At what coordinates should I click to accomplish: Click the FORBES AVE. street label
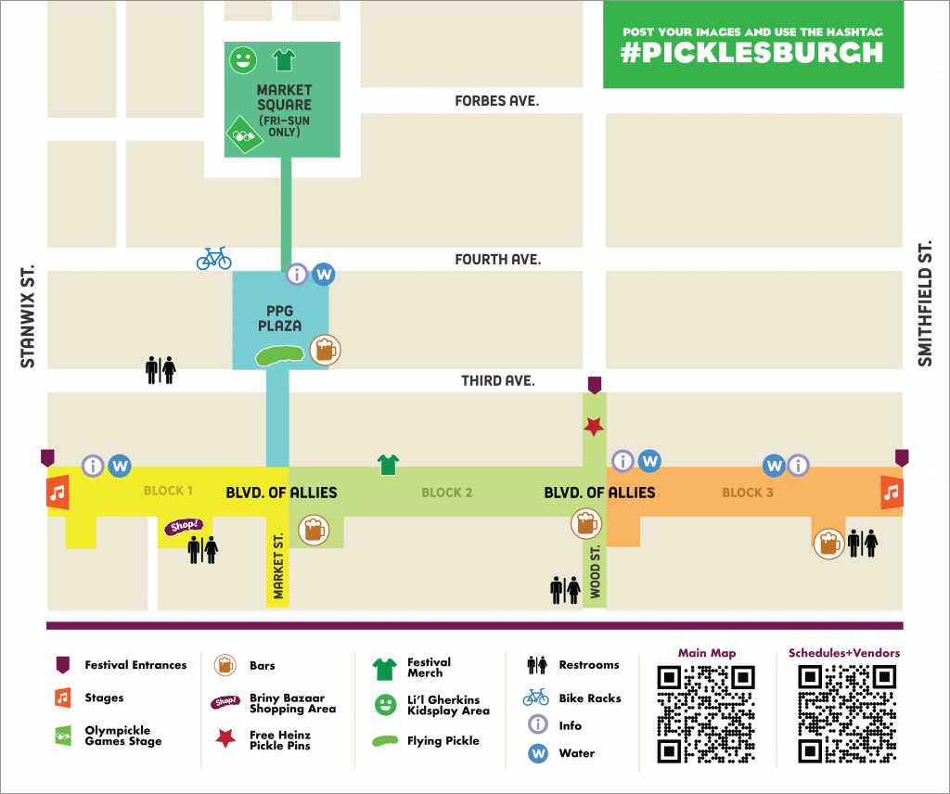pos(496,100)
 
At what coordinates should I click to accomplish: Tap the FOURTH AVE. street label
pos(497,260)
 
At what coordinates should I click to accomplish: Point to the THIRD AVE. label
pos(497,380)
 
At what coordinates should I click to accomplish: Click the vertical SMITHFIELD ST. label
pos(924,304)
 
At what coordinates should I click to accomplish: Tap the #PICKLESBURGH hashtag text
pos(752,52)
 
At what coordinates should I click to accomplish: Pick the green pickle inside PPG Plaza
pos(281,354)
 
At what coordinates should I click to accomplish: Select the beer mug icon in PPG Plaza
pos(325,350)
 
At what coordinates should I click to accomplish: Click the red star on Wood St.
pos(594,427)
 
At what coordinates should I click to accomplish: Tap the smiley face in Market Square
pos(243,61)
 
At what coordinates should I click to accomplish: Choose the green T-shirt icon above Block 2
pos(387,464)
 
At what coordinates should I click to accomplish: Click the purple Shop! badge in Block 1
pos(183,526)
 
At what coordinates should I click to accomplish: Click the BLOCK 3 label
pos(748,493)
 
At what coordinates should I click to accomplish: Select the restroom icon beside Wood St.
pos(565,588)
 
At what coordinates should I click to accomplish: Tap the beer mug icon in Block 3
pos(828,543)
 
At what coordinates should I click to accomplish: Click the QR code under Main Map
pos(706,713)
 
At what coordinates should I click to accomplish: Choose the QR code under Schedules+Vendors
pos(846,713)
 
